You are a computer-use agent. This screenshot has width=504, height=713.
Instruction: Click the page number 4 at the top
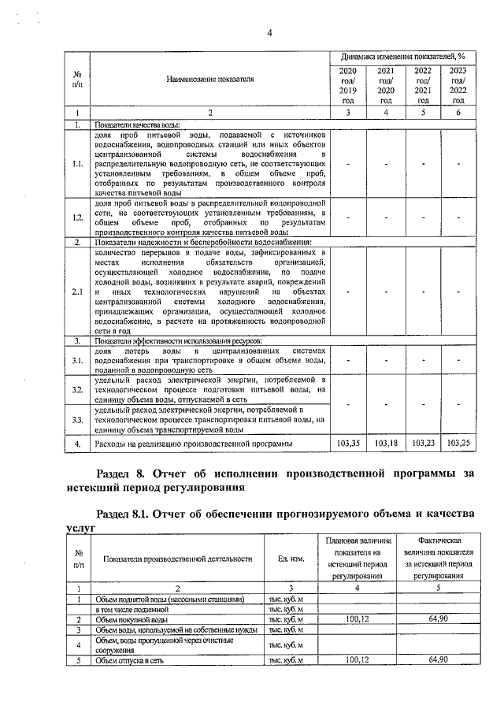pyautogui.click(x=269, y=33)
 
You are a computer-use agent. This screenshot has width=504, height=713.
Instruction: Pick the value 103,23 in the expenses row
pyautogui.click(x=424, y=444)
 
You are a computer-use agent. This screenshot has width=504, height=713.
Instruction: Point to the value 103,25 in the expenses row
pyautogui.click(x=458, y=444)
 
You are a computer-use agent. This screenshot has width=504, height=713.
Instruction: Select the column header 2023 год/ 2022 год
pyautogui.click(x=458, y=86)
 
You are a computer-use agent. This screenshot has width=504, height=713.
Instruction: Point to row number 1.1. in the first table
pyautogui.click(x=77, y=164)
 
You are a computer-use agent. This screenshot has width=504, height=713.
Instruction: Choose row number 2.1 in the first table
pyautogui.click(x=77, y=294)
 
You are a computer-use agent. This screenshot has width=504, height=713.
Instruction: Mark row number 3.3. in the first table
pyautogui.click(x=77, y=420)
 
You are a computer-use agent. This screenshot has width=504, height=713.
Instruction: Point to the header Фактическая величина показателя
pyautogui.click(x=438, y=559)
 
